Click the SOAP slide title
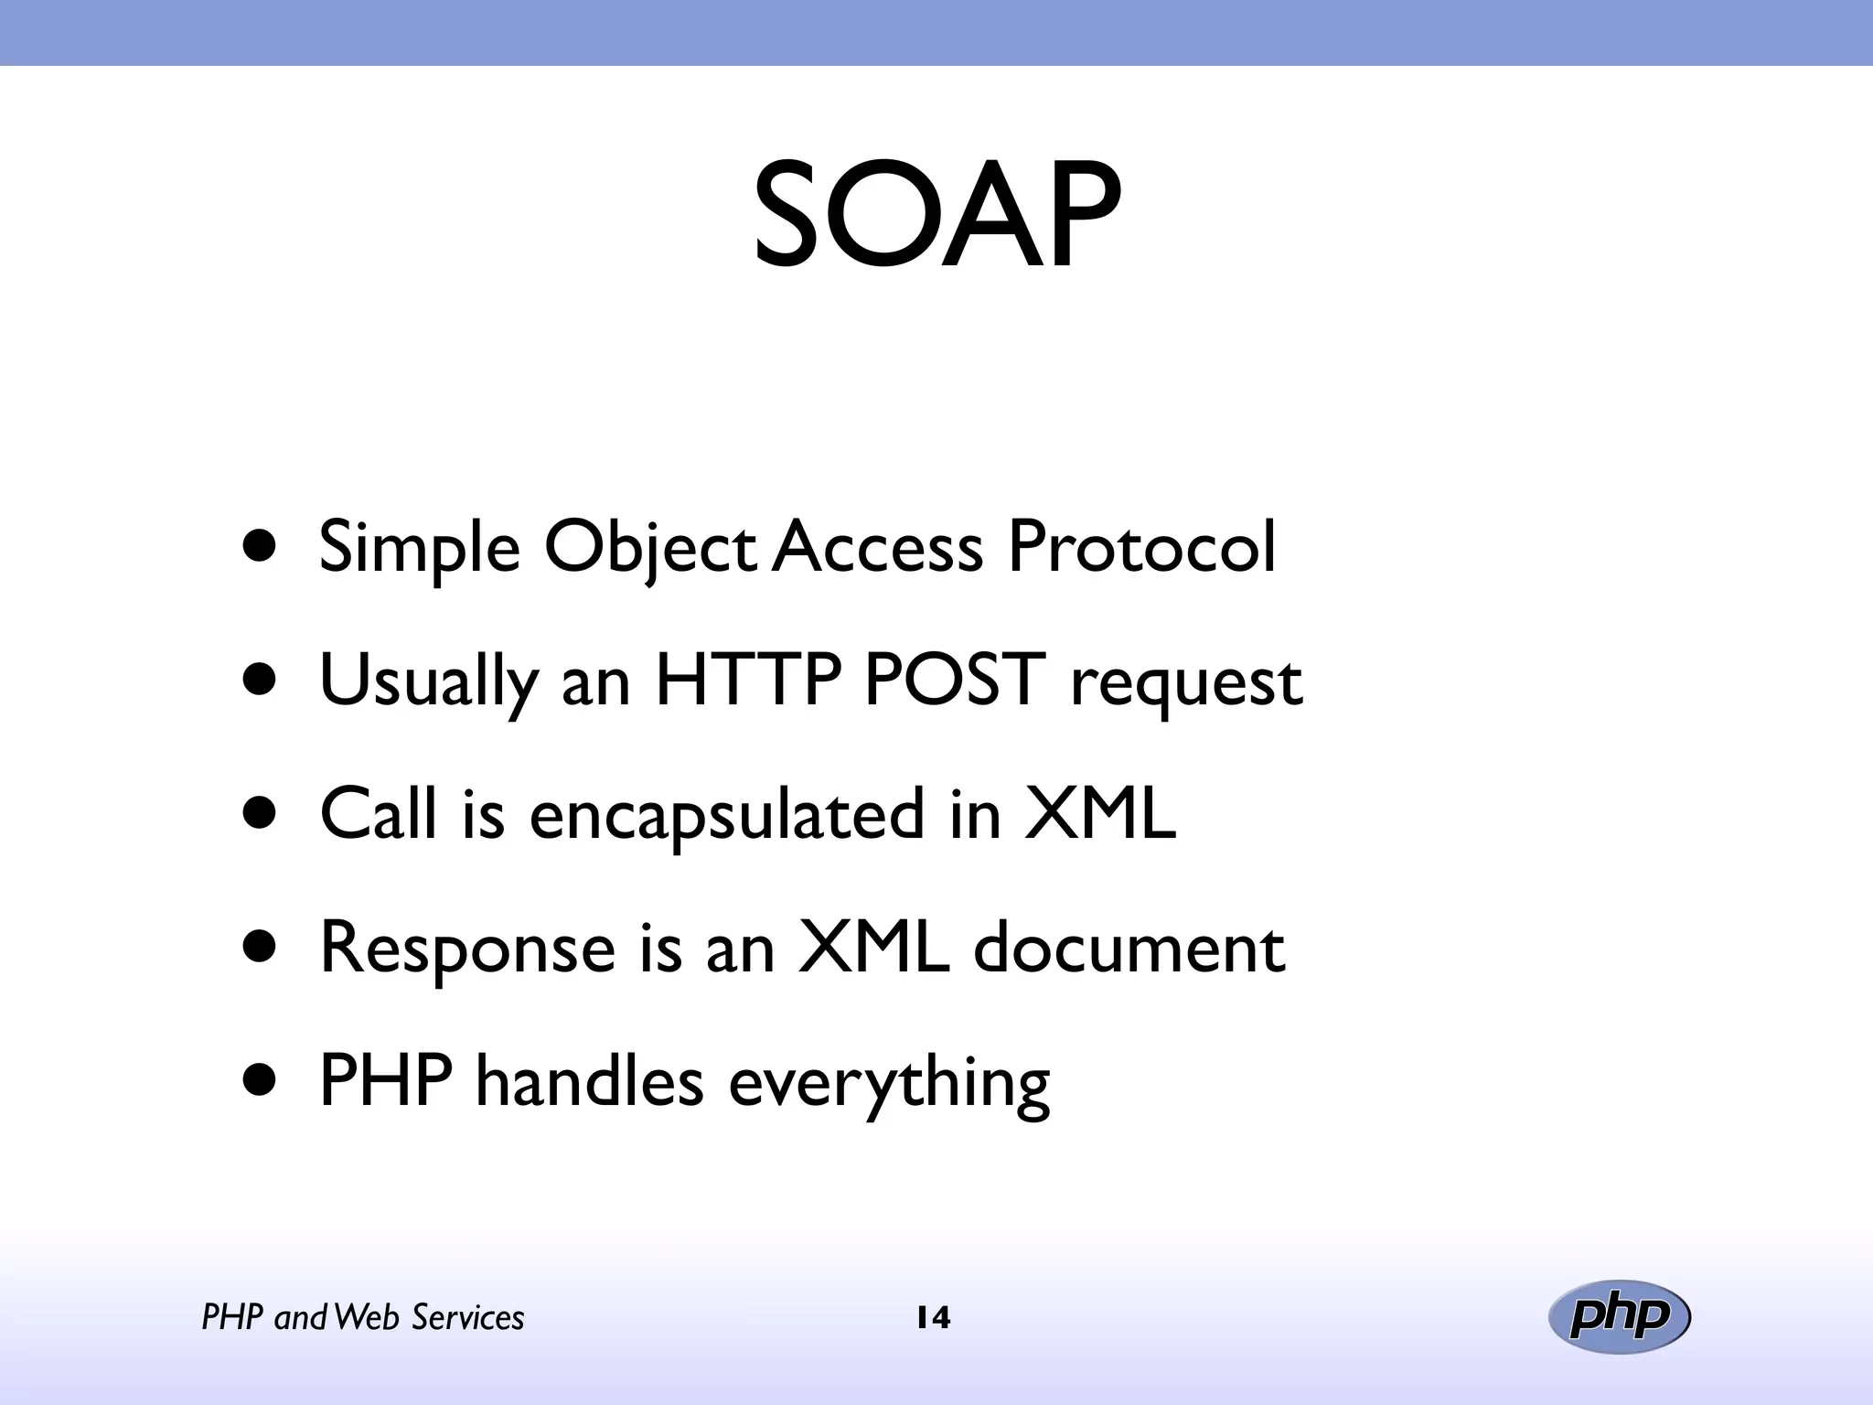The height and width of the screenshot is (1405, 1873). point(936,217)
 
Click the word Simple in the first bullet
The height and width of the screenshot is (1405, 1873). point(419,547)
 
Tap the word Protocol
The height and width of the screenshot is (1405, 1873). point(1140,547)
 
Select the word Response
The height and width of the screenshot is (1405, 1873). point(467,949)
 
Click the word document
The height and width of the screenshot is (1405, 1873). point(1129,948)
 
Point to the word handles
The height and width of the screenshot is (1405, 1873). point(589,1081)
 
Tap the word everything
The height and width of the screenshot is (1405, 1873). point(889,1083)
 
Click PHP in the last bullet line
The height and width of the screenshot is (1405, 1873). point(385,1081)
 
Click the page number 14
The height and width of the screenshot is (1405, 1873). point(933,1318)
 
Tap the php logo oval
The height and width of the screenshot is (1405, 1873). point(1619,1317)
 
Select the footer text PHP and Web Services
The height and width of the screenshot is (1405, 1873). point(363,1318)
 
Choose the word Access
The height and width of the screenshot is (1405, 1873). point(877,547)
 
